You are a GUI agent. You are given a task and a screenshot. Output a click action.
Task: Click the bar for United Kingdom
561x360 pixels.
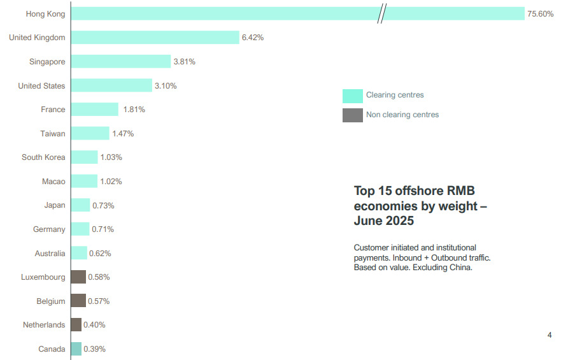[155, 37]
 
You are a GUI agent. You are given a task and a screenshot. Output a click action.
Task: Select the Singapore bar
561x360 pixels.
[121, 61]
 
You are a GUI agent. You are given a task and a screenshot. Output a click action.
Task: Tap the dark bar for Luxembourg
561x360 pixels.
[78, 277]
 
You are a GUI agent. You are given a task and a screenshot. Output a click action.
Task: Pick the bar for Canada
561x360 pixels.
[76, 349]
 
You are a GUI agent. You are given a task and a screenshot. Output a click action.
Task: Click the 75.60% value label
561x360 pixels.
[540, 14]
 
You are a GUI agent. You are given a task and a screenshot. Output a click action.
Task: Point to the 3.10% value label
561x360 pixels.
[166, 86]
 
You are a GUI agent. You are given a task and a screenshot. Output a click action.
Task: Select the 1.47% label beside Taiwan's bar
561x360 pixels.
[123, 134]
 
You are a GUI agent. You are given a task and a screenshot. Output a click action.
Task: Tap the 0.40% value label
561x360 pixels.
[94, 325]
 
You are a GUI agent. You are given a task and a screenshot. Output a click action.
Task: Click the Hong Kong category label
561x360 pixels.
[45, 14]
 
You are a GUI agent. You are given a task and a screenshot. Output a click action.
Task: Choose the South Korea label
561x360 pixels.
[43, 157]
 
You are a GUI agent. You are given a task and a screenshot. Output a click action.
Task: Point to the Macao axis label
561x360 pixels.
[53, 182]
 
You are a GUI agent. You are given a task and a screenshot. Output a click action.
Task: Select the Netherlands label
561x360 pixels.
[44, 325]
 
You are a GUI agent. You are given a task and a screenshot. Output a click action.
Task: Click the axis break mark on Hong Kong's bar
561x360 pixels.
[382, 13]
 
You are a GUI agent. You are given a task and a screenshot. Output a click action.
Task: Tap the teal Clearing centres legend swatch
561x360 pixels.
[352, 96]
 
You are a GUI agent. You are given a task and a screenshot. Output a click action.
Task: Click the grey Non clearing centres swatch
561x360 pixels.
[352, 115]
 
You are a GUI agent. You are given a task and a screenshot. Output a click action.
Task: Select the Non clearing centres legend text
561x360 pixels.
[402, 115]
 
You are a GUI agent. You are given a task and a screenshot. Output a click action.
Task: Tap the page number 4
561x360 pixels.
[550, 335]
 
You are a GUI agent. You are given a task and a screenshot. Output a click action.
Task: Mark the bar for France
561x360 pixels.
[95, 109]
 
